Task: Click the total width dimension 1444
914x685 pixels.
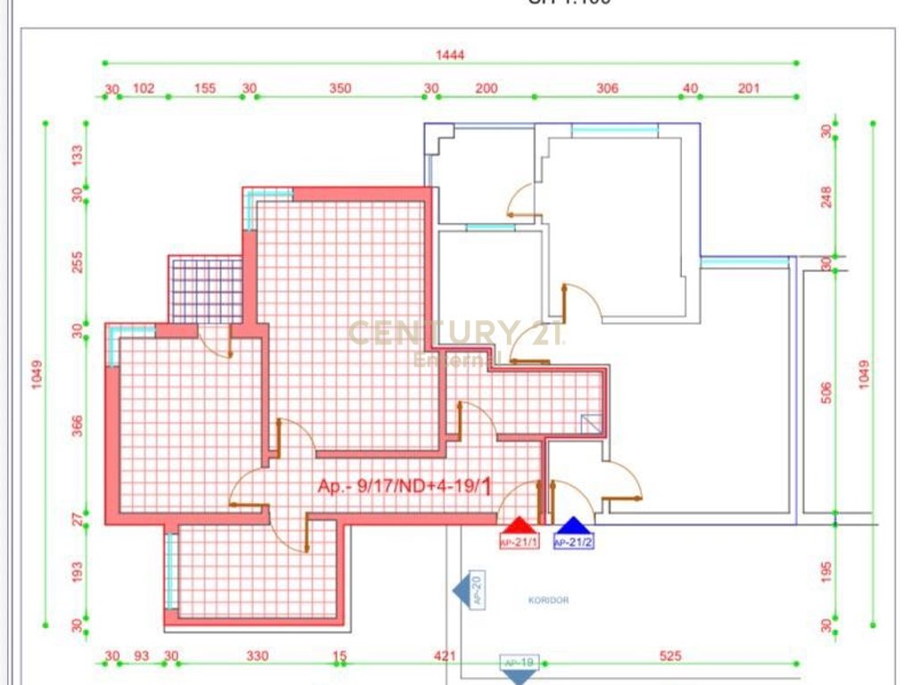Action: (x=451, y=54)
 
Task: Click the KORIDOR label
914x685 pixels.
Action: (x=548, y=600)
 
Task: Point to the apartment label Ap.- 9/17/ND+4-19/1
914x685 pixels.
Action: (x=404, y=486)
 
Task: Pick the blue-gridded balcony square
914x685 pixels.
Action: (x=206, y=290)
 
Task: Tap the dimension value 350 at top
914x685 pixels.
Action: (x=340, y=88)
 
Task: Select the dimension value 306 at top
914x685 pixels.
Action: (x=607, y=88)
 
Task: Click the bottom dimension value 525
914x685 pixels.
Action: (x=670, y=656)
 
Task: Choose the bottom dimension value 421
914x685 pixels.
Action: (x=445, y=656)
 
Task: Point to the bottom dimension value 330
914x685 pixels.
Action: (x=257, y=656)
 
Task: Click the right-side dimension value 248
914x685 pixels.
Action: (x=826, y=195)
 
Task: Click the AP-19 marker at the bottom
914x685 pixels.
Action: (x=519, y=665)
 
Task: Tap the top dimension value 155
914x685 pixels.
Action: (x=205, y=88)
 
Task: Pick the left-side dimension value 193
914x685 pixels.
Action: (x=78, y=568)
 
